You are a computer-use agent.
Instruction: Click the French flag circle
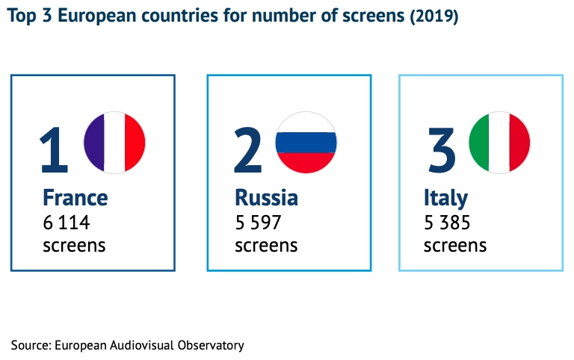tap(114, 142)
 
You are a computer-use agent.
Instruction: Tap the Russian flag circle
tap(306, 142)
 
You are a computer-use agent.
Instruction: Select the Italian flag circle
tap(499, 142)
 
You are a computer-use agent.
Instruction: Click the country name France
tap(75, 198)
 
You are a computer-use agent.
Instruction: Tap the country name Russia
tap(266, 198)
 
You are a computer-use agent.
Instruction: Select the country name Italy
tap(445, 198)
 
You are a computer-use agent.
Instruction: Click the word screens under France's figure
tap(74, 245)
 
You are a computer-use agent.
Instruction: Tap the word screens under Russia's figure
tap(266, 245)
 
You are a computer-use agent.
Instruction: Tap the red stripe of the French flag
tap(135, 142)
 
